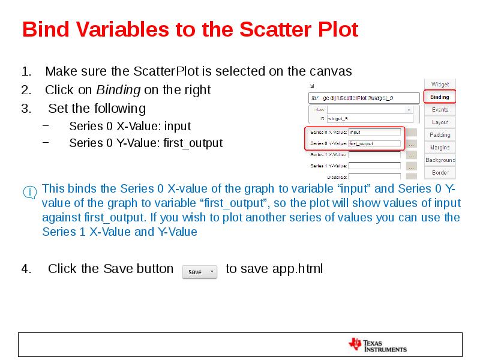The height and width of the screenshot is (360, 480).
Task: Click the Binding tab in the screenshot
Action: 440,97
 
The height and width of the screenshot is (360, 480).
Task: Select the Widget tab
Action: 440,84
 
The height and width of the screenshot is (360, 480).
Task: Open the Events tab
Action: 440,110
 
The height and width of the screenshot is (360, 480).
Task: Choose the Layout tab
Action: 440,122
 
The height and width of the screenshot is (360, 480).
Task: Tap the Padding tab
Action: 440,135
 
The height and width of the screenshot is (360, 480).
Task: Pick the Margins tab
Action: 440,148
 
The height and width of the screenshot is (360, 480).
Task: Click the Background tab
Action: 440,160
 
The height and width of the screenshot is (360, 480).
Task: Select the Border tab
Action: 440,173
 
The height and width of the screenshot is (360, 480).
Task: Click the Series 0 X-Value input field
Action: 374,132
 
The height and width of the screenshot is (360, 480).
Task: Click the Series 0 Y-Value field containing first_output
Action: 374,143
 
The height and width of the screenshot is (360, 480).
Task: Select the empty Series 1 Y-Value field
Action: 374,166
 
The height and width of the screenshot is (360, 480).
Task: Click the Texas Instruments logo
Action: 377,344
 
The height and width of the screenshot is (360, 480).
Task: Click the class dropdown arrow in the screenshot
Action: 409,110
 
